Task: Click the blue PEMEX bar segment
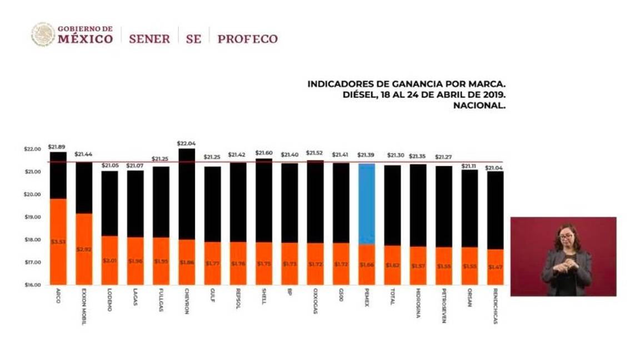coord(366,204)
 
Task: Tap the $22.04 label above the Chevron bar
coord(186,143)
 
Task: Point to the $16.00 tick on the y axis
coord(33,285)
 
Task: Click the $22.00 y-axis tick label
coord(33,149)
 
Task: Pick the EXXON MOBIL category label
coord(83,306)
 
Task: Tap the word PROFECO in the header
coord(247,39)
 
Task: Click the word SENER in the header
coord(149,39)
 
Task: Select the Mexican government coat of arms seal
coord(43,34)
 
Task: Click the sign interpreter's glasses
coord(566,237)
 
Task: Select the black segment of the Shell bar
coord(263,200)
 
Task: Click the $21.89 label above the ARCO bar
coord(57,147)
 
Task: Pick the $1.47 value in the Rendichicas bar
coord(495,267)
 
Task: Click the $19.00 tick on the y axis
coord(33,217)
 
